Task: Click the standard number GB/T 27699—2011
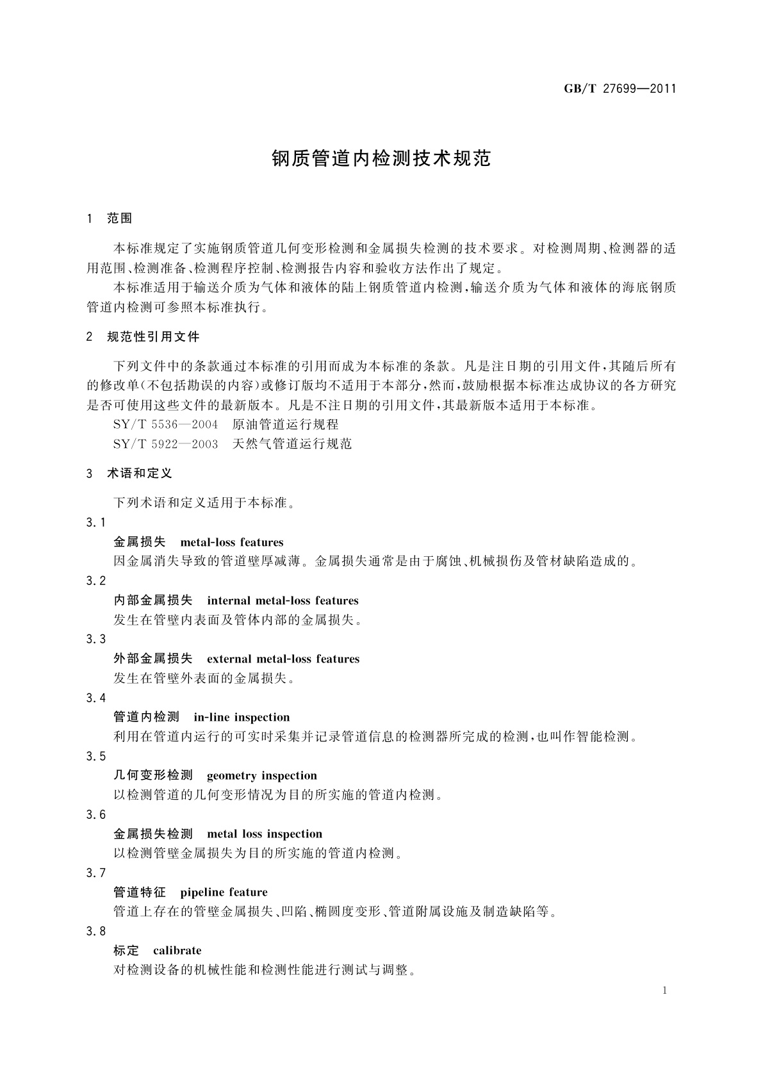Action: tap(619, 89)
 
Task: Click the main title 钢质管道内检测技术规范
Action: tap(381, 159)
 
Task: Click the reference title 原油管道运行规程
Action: tap(285, 425)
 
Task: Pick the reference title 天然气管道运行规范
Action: tap(292, 444)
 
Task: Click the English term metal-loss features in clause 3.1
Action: tap(232, 543)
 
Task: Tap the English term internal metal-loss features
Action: tap(283, 601)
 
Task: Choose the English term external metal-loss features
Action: tap(283, 659)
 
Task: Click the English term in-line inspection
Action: tap(242, 718)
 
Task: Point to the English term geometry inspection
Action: tap(261, 776)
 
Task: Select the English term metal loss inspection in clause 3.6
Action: tap(265, 834)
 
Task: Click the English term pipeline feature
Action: tap(224, 893)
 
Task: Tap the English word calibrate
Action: tap(177, 951)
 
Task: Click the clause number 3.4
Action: tap(95, 698)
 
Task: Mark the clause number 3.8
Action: tap(95, 932)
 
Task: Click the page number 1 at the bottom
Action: tap(664, 991)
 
